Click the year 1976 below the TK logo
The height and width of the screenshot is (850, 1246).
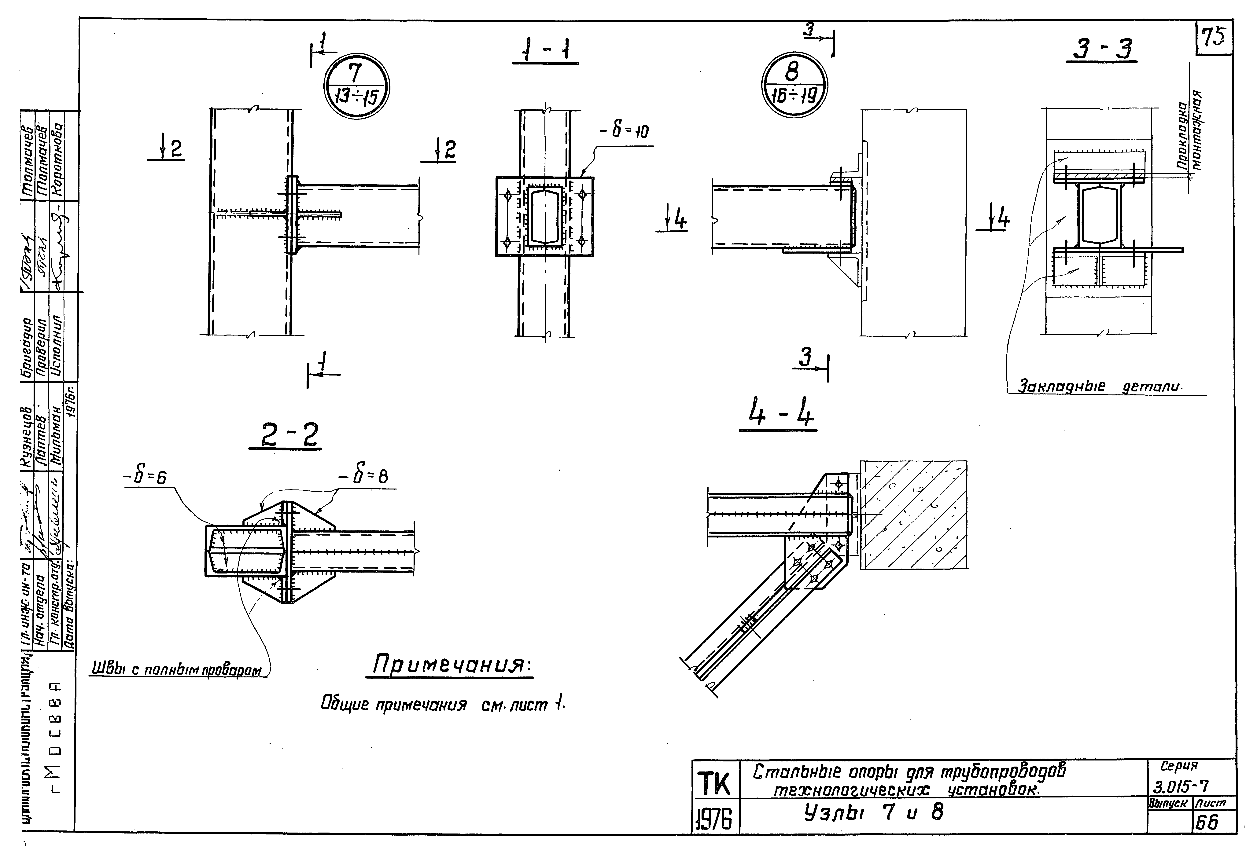(x=715, y=820)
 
